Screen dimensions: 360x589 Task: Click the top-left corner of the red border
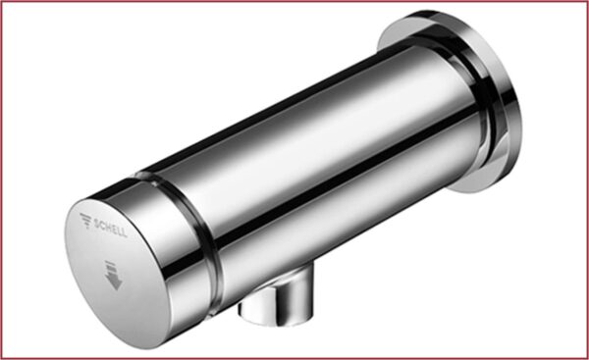tap(2, 2)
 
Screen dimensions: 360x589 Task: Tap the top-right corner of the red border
tap(586, 2)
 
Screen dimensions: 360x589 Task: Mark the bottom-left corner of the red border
tap(2, 357)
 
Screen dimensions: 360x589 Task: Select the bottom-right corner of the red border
tap(586, 357)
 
